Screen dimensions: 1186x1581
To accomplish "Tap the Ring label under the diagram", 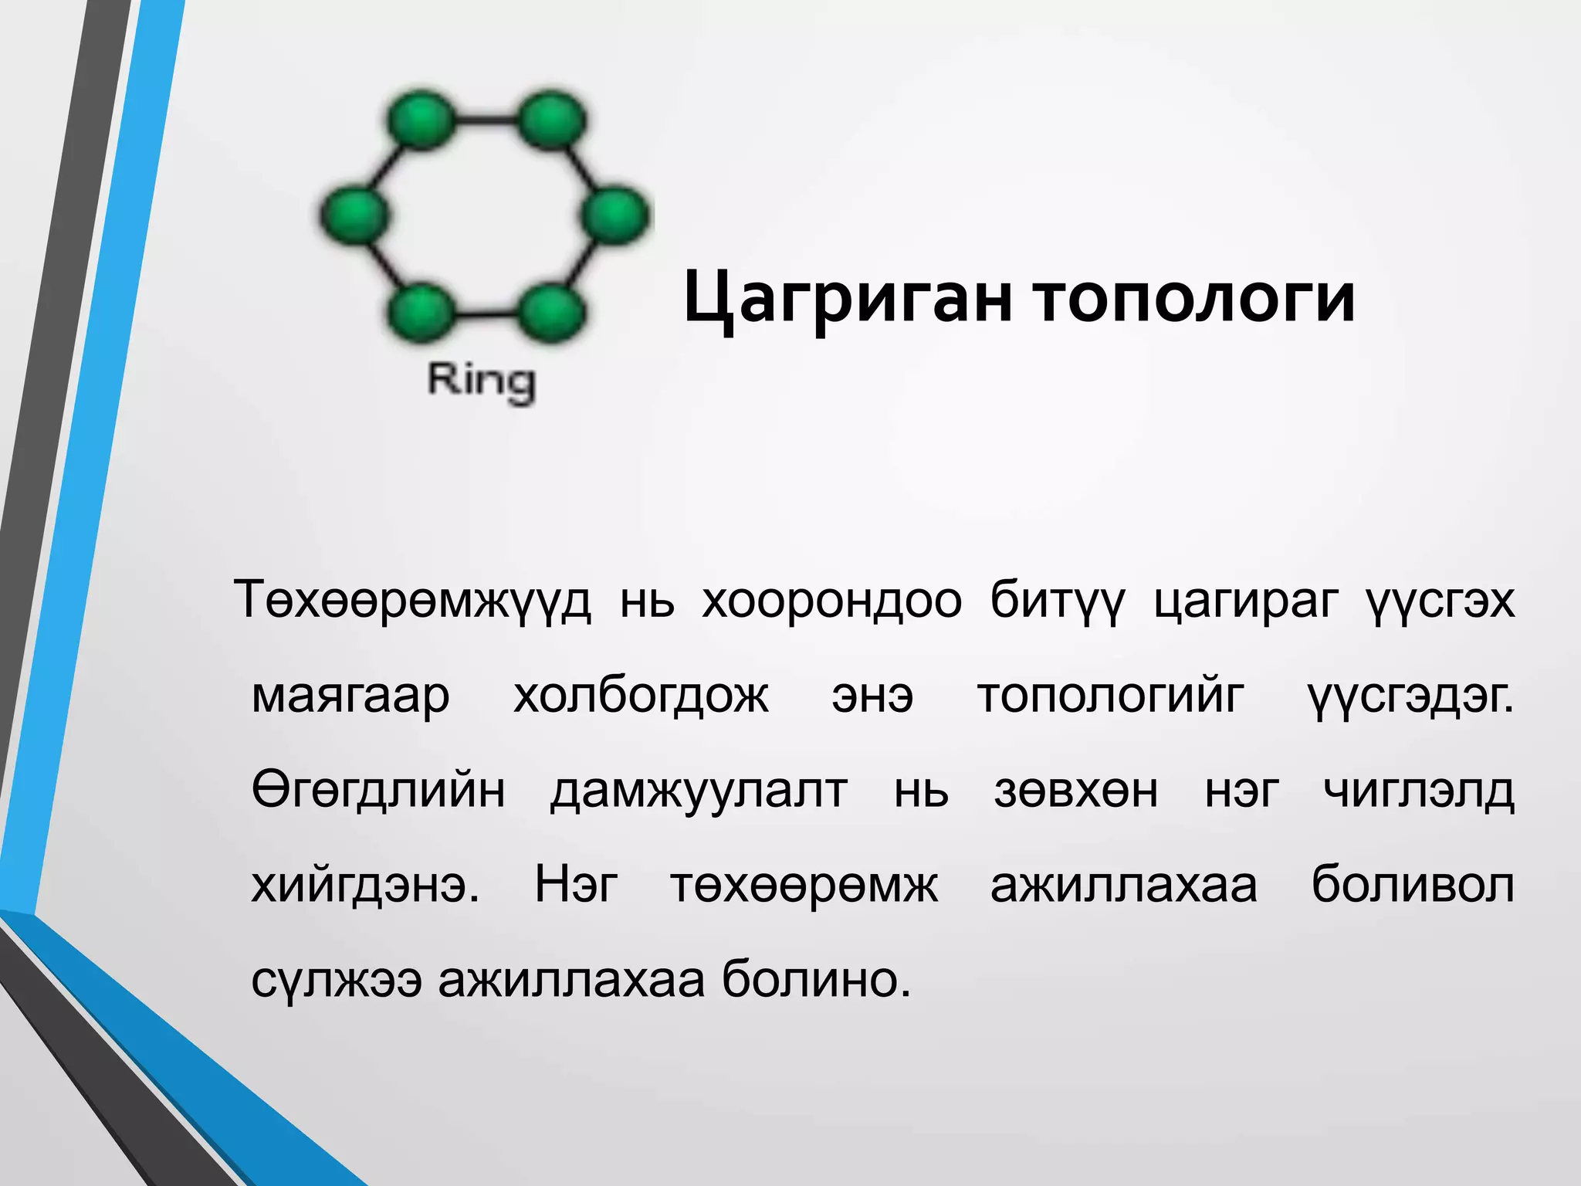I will tap(482, 381).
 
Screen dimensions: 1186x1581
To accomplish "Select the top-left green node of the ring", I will tap(421, 120).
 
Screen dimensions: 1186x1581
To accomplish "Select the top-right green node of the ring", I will tap(551, 120).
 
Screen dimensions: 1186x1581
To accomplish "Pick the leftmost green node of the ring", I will tap(354, 216).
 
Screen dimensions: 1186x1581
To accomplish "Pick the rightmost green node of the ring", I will tap(615, 216).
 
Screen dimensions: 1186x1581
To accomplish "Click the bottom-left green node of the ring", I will tap(421, 313).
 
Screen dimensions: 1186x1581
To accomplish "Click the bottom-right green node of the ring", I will tap(551, 313).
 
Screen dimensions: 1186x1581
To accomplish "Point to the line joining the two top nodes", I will tap(486, 120).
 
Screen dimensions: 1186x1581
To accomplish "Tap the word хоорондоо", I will tap(831, 600).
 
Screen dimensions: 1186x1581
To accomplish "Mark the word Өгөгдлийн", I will tap(378, 791).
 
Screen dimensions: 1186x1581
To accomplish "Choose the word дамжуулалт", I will tap(699, 791).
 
